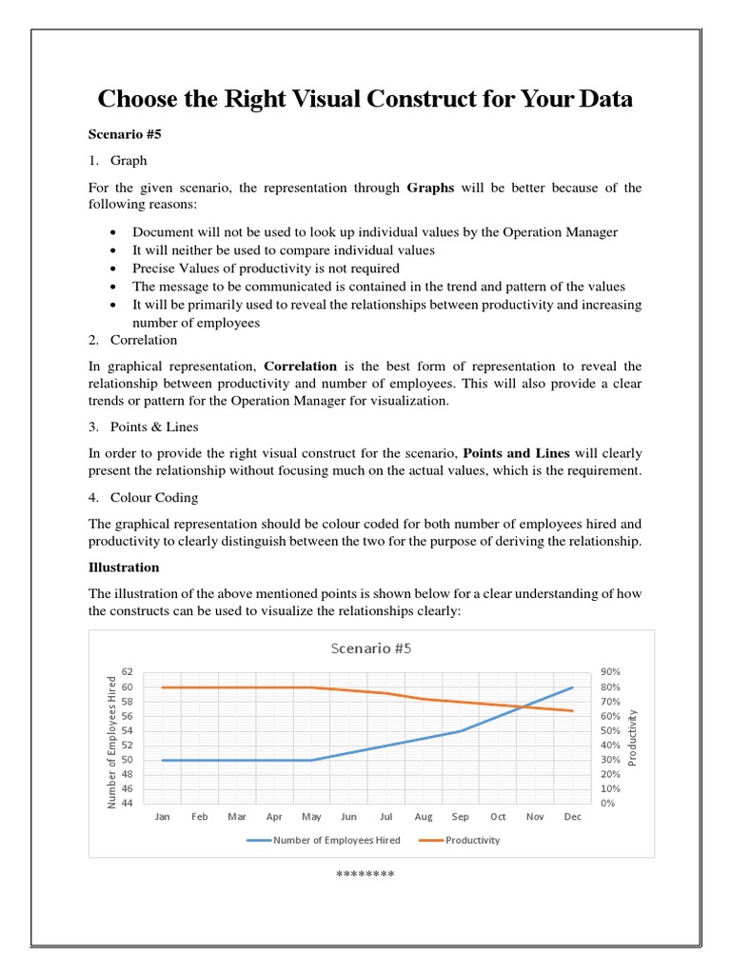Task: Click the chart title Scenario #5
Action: point(371,648)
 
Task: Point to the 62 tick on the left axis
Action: point(127,672)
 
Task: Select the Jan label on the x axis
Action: point(163,816)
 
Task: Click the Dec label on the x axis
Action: point(572,816)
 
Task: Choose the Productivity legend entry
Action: point(472,840)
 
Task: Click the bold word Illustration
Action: point(124,567)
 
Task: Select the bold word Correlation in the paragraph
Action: point(300,366)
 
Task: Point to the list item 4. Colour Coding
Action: point(144,497)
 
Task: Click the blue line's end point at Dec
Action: point(572,687)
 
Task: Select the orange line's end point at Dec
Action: point(572,710)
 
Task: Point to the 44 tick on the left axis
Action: point(127,804)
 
